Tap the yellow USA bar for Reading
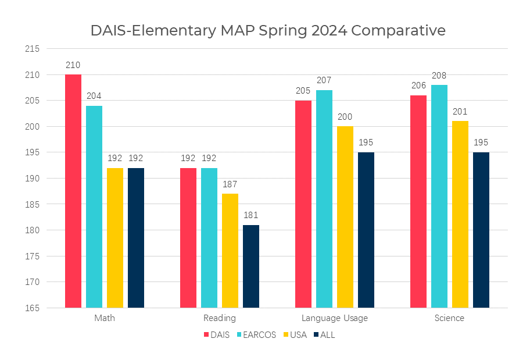click(x=230, y=251)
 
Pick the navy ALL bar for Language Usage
click(x=366, y=230)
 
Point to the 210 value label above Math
click(x=73, y=65)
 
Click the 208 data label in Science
click(x=439, y=76)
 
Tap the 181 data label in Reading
click(x=251, y=215)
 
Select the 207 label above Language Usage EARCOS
click(x=324, y=80)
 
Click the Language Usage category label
click(x=335, y=318)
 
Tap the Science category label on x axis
click(x=449, y=318)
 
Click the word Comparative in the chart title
click(x=399, y=30)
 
